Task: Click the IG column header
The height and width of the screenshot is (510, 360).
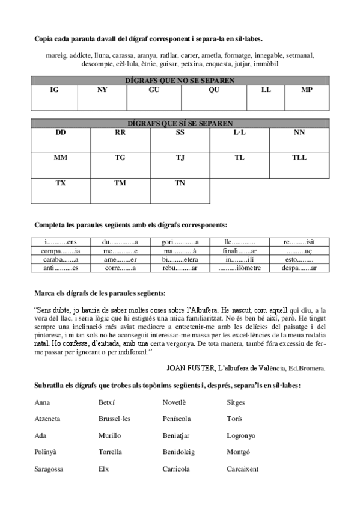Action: pos(54,90)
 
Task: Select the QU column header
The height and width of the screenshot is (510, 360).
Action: pos(214,90)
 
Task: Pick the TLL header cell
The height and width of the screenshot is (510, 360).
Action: pos(299,158)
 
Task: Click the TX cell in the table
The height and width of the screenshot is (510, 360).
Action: pos(61,183)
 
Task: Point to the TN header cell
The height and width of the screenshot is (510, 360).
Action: pos(180,183)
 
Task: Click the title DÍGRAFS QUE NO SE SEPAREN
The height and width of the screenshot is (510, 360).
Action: pos(180,80)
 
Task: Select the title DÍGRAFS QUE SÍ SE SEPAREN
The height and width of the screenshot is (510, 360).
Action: pos(180,123)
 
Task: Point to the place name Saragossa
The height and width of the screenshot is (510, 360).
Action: pos(50,469)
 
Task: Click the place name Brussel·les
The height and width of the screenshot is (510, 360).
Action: pos(115,418)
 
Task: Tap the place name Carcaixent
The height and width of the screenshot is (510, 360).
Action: pos(243,469)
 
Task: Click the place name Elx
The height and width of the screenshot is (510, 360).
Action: pos(104,469)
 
